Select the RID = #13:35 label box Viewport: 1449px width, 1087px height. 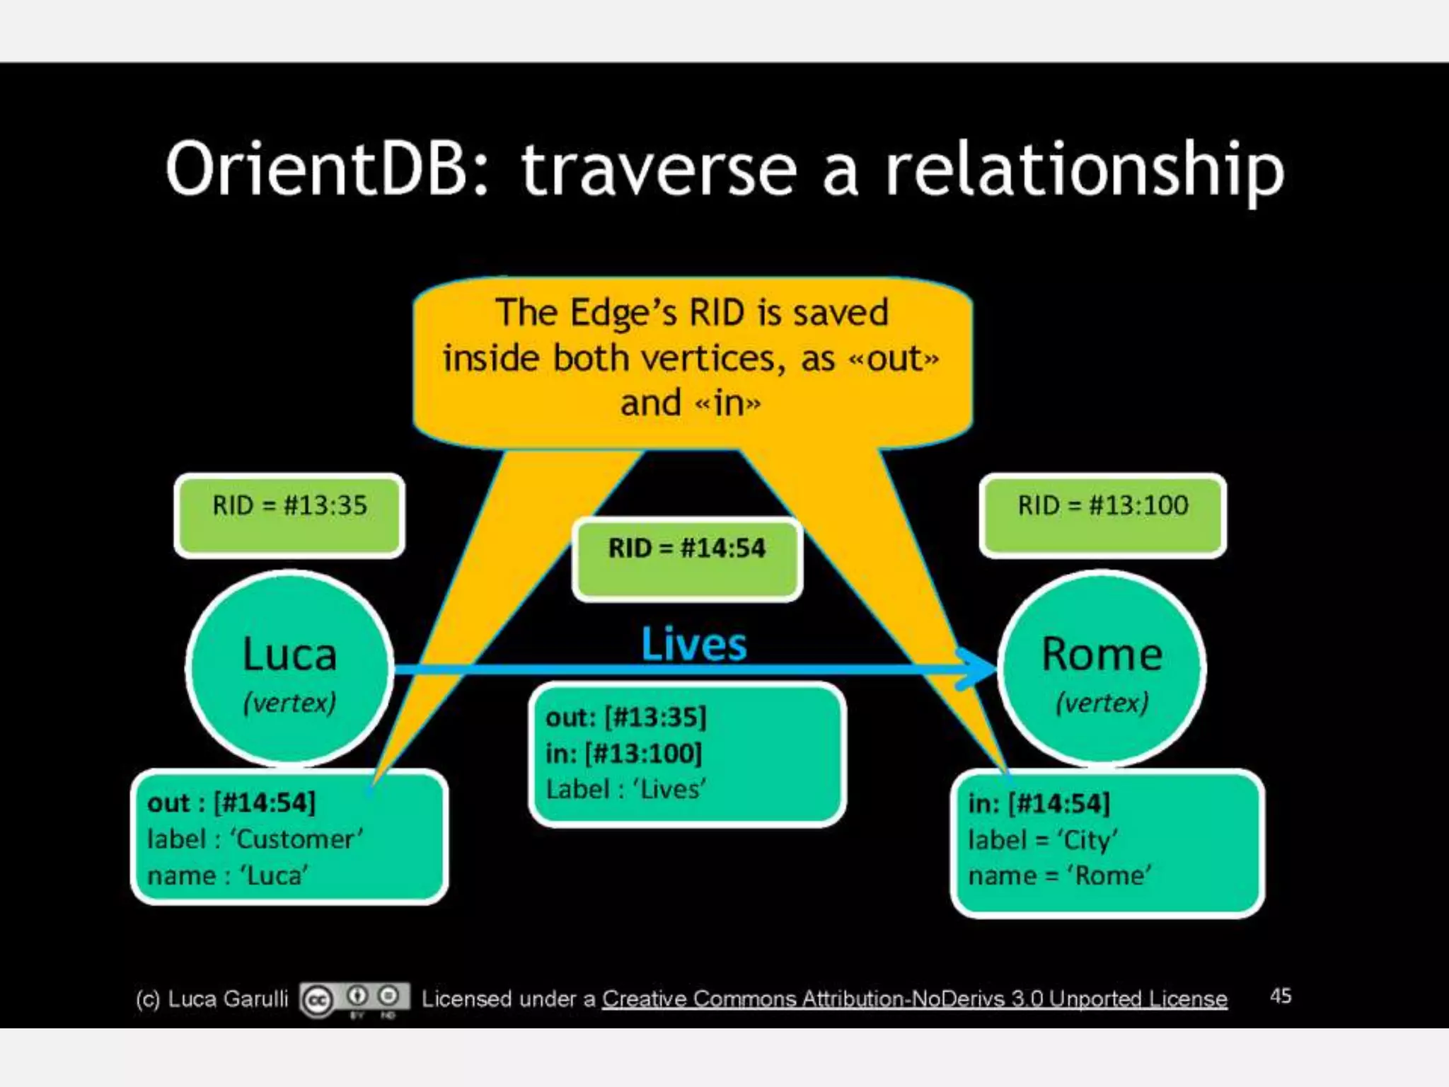click(289, 514)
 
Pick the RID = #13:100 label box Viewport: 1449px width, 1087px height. click(1102, 514)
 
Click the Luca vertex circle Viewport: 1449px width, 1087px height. click(289, 669)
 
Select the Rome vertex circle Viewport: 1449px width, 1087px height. click(1102, 669)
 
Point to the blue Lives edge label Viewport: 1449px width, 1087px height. click(693, 644)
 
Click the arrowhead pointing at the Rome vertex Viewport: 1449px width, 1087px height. click(976, 669)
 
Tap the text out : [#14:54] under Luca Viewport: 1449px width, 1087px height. click(231, 803)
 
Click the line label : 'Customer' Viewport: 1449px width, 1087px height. click(255, 839)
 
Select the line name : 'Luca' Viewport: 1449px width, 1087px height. click(228, 876)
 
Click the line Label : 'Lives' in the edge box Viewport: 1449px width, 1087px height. click(626, 789)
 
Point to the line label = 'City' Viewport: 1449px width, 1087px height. click(1043, 840)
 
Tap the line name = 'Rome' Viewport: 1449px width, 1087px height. click(1059, 876)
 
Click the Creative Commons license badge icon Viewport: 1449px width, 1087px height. click(354, 999)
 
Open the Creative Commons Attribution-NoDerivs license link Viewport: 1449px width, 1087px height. click(914, 999)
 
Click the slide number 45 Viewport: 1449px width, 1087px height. click(1281, 996)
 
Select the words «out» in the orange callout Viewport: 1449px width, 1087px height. click(894, 359)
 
